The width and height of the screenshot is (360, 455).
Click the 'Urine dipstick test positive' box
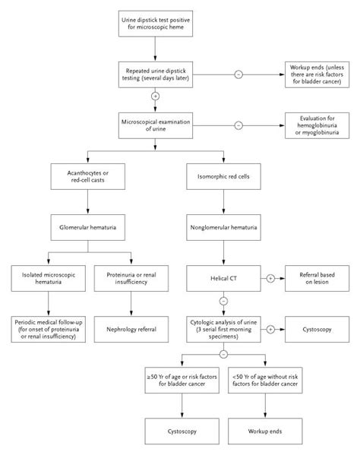[x=156, y=24]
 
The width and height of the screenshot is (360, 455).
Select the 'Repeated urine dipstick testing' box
[x=156, y=74]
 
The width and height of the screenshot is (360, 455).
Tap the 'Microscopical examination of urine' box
[x=156, y=125]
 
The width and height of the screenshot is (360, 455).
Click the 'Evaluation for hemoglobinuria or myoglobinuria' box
[x=317, y=125]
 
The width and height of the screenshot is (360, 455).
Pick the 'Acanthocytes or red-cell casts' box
[x=88, y=176]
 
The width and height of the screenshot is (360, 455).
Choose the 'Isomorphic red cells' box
[x=223, y=176]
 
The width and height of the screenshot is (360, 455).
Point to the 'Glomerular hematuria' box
[x=88, y=228]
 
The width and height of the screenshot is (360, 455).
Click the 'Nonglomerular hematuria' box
[x=223, y=228]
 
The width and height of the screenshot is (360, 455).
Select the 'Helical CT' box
[x=223, y=278]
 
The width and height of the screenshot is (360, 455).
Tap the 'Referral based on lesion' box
[x=317, y=278]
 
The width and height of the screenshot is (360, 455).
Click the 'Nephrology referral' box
[x=131, y=330]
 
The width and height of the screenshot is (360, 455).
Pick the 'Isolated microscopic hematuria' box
[x=49, y=278]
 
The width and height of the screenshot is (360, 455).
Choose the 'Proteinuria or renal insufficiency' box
[x=131, y=278]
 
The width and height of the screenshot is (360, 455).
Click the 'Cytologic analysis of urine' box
[x=223, y=330]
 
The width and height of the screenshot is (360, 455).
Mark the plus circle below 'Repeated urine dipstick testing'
[x=155, y=96]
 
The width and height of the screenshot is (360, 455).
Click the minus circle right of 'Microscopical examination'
[x=238, y=125]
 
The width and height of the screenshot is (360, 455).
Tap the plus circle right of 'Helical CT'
[x=270, y=279]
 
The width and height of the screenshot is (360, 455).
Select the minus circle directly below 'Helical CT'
[x=223, y=302]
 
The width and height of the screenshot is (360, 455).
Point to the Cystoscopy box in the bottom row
[x=182, y=431]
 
